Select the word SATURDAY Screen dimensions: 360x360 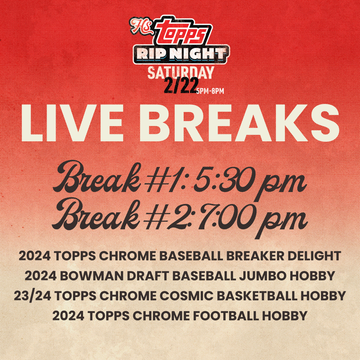[181, 72]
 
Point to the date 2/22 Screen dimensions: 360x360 [181, 85]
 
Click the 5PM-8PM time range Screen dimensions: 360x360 [210, 91]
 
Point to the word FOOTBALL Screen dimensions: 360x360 [226, 316]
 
